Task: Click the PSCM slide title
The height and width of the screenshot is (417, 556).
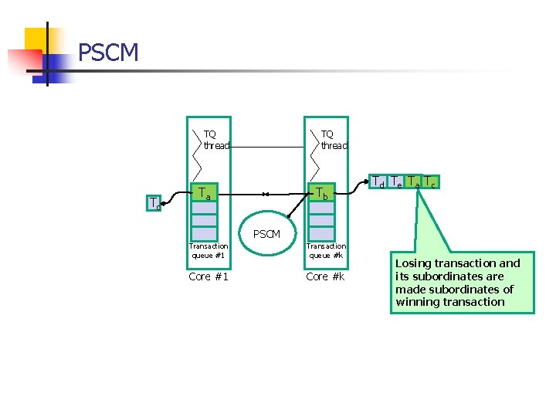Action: pyautogui.click(x=109, y=53)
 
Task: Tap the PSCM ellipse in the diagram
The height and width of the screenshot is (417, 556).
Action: pyautogui.click(x=266, y=233)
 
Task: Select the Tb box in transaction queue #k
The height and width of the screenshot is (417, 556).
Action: pyautogui.click(x=320, y=194)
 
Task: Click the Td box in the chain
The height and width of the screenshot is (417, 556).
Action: pyautogui.click(x=379, y=182)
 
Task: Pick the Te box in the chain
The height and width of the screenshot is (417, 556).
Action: pyautogui.click(x=396, y=182)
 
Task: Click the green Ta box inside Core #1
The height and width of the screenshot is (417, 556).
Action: pyautogui.click(x=204, y=193)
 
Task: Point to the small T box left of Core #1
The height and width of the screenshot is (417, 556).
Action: pyautogui.click(x=154, y=204)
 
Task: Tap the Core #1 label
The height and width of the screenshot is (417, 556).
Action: pyautogui.click(x=208, y=276)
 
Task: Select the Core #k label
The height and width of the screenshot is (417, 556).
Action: pyautogui.click(x=325, y=276)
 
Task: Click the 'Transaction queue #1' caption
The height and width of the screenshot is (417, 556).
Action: pyautogui.click(x=208, y=250)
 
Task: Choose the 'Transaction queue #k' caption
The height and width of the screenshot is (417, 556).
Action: pyautogui.click(x=326, y=250)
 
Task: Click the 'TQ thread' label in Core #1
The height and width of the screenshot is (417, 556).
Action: pyautogui.click(x=216, y=140)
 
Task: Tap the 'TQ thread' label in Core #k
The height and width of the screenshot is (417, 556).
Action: pyautogui.click(x=334, y=140)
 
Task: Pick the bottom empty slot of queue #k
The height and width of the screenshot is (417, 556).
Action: pyautogui.click(x=320, y=233)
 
